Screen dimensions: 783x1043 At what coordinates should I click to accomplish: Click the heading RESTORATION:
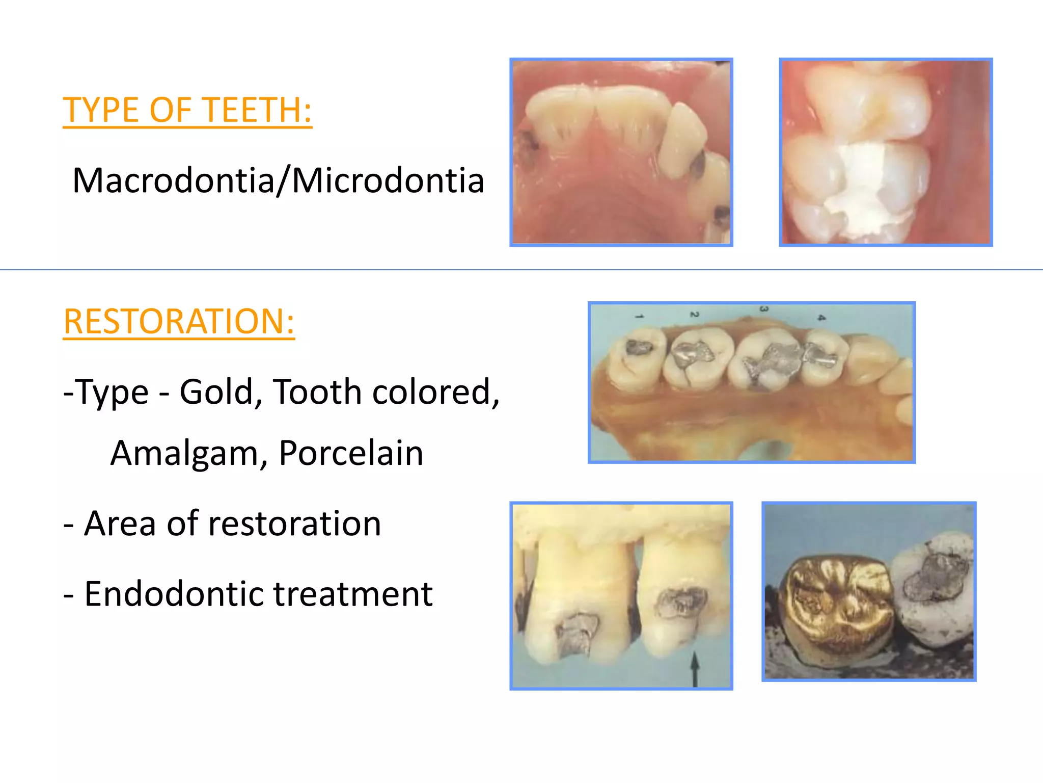pyautogui.click(x=179, y=322)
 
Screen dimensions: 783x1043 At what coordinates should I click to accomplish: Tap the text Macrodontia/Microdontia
pyautogui.click(x=278, y=180)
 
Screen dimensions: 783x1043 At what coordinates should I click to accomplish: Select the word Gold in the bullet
pyautogui.click(x=216, y=392)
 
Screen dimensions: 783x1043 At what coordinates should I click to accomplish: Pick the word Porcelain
pyautogui.click(x=351, y=453)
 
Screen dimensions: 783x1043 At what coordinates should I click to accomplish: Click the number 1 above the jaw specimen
pyautogui.click(x=640, y=317)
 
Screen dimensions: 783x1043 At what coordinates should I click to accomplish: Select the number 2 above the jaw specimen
pyautogui.click(x=694, y=315)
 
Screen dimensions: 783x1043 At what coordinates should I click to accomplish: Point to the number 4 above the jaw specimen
pyautogui.click(x=821, y=318)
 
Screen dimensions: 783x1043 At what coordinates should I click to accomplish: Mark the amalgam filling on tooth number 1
pyautogui.click(x=639, y=348)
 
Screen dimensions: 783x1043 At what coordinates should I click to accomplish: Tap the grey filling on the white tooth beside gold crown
pyautogui.click(x=936, y=576)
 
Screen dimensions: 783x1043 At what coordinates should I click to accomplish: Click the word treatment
pyautogui.click(x=353, y=594)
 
